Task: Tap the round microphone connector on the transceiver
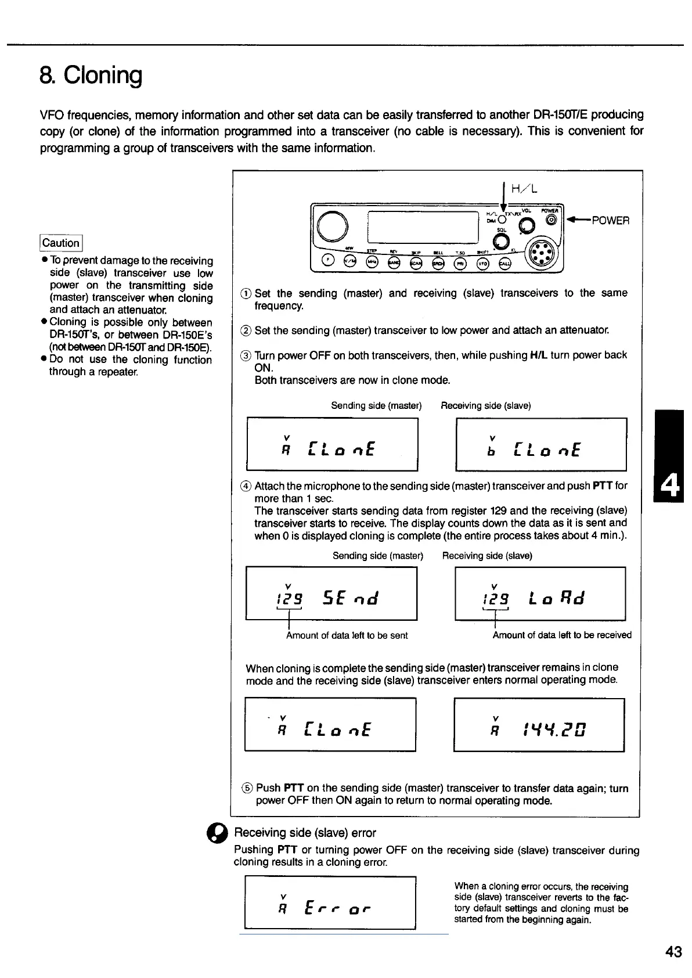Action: coord(540,254)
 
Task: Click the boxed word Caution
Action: coord(61,243)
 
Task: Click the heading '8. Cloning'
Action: coord(91,75)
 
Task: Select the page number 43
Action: coord(673,951)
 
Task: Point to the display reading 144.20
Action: coord(539,724)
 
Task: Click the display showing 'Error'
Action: coord(330,903)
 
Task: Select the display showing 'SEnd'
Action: coord(331,594)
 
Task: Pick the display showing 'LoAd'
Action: coord(540,594)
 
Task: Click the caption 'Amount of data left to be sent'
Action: coord(347,635)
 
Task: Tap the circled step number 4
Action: coord(246,486)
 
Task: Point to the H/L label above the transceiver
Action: coord(524,189)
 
